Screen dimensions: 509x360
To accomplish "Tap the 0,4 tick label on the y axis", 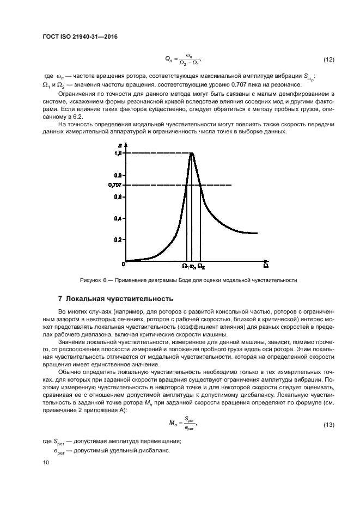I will (x=117, y=218).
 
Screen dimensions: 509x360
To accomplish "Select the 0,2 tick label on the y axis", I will (x=117, y=240).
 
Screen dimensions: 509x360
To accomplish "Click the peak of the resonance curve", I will (x=192, y=154).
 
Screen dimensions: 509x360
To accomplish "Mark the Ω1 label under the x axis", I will (x=185, y=266).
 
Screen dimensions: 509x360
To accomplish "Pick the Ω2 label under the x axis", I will (x=201, y=266).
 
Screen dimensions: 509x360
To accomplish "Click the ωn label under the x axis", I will (x=193, y=266).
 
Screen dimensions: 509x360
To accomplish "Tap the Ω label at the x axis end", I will (x=265, y=266).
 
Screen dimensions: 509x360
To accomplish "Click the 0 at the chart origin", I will (x=123, y=263).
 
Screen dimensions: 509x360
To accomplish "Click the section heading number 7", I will (x=60, y=299).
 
